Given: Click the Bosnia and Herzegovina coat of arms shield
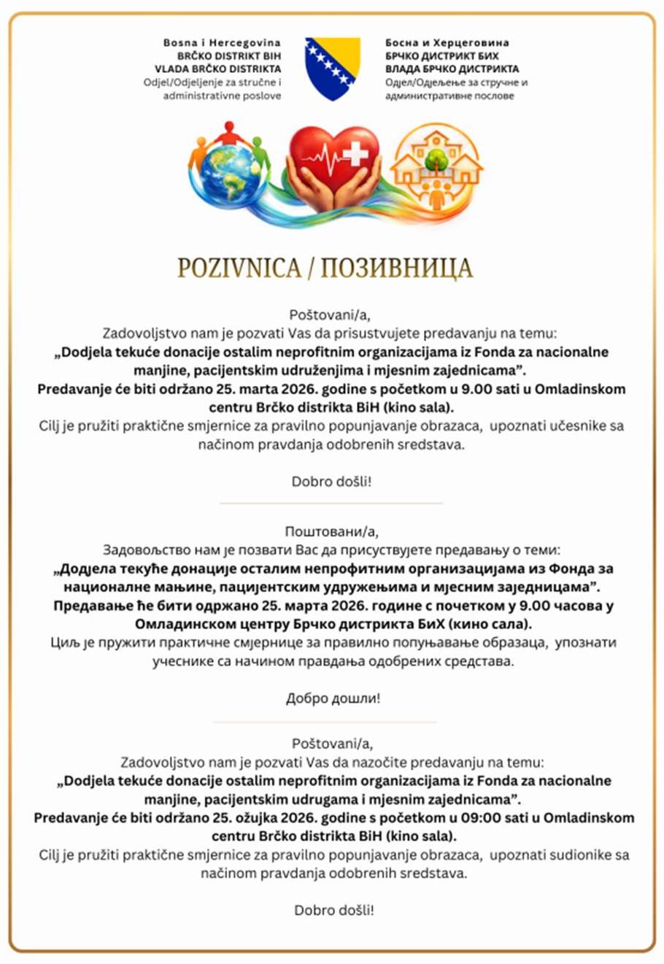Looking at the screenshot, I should [332, 68].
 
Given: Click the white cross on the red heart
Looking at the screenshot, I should [356, 153].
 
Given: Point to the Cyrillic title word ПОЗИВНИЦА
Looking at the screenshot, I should [396, 268].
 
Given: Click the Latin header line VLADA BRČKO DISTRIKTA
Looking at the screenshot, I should [217, 69].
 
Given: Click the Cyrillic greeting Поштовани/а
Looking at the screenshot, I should [332, 531].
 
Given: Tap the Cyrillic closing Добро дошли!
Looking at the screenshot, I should [333, 698].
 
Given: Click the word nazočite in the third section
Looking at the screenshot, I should [386, 763].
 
